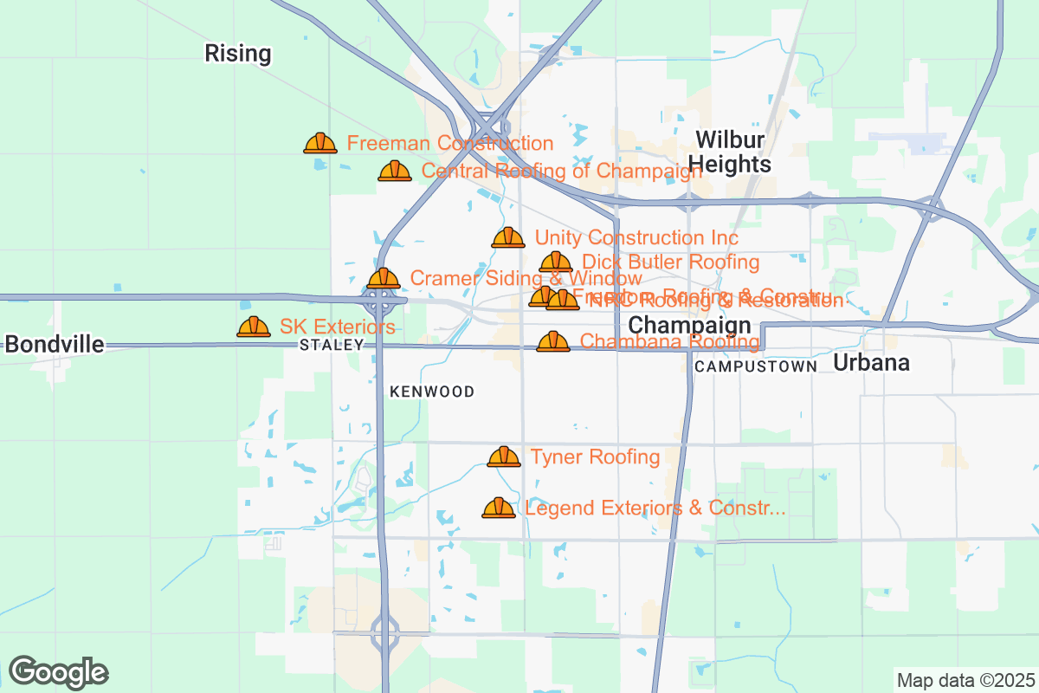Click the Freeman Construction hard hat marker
[320, 144]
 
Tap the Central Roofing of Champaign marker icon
[395, 172]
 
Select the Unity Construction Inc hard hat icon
[508, 238]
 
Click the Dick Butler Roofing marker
[556, 262]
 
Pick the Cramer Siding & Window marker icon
[384, 279]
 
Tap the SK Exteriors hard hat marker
[254, 327]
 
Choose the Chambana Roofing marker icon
[553, 342]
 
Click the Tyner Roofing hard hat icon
[504, 457]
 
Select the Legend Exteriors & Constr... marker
[499, 508]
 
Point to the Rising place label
[237, 53]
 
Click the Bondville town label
[55, 344]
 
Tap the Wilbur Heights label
[732, 152]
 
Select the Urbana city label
[871, 363]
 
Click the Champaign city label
[689, 326]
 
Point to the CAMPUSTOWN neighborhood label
[756, 366]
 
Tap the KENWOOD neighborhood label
[432, 392]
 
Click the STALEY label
[331, 345]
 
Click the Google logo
[58, 672]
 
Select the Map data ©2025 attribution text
[965, 680]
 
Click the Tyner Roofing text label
[595, 457]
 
